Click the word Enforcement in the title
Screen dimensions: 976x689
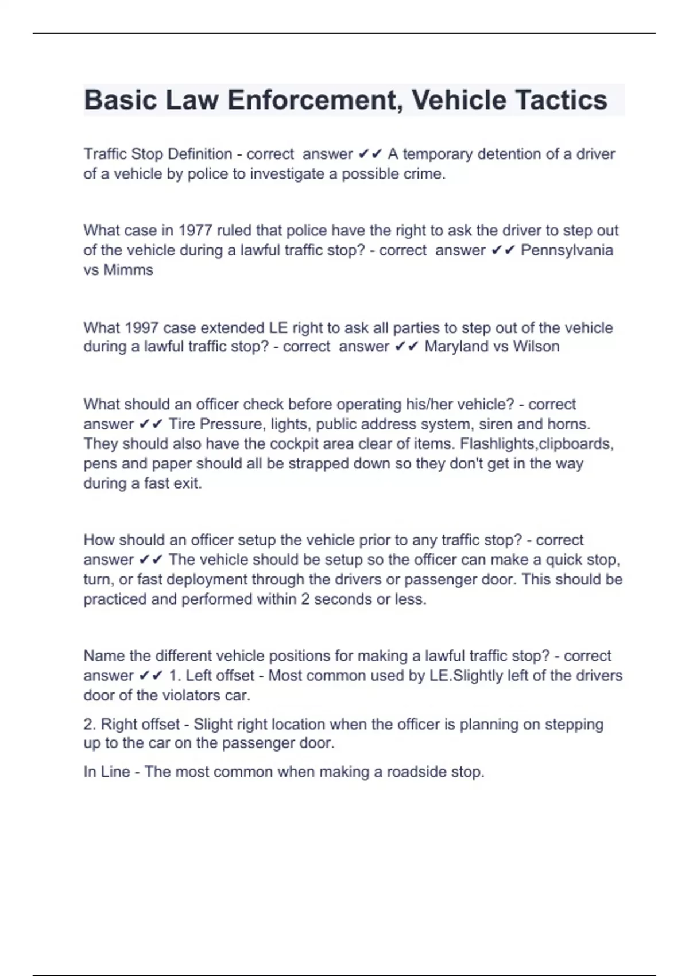point(311,100)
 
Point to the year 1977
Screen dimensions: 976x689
point(195,230)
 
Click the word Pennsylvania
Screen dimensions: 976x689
point(567,250)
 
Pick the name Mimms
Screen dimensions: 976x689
point(128,270)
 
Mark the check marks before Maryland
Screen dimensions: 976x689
point(407,347)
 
